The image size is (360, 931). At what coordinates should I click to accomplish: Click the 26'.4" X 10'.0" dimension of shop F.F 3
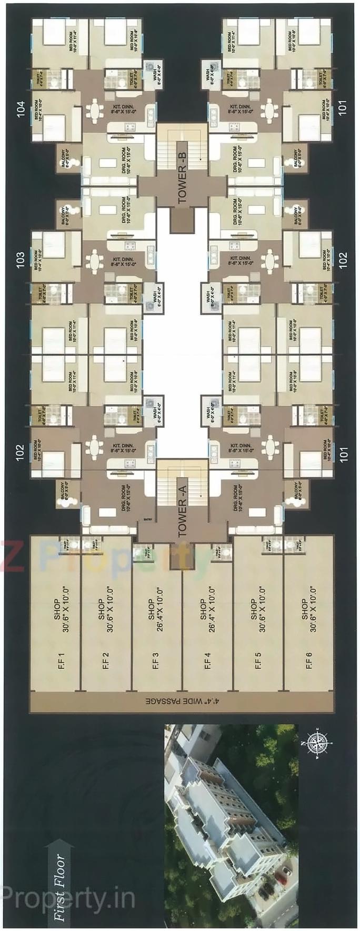(159, 609)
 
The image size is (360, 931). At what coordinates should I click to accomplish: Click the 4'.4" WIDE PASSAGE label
(182, 702)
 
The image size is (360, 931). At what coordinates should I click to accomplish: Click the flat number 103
(21, 259)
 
